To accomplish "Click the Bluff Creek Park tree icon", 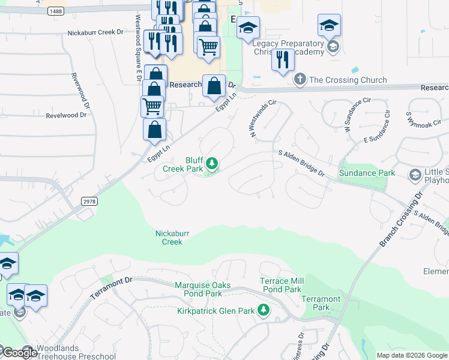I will point(211,163).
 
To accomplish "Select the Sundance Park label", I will point(367,173).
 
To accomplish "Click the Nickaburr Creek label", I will point(169,237).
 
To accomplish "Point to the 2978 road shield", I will point(88,202).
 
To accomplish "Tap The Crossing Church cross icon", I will point(300,80).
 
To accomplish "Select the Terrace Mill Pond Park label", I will point(280,285).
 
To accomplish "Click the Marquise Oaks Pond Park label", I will point(198,289).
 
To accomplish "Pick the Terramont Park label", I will point(321,303).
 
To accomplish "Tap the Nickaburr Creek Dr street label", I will point(96,32).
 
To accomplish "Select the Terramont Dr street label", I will point(110,289).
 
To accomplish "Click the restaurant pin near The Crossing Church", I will point(282,60).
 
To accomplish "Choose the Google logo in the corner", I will point(20,353).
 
